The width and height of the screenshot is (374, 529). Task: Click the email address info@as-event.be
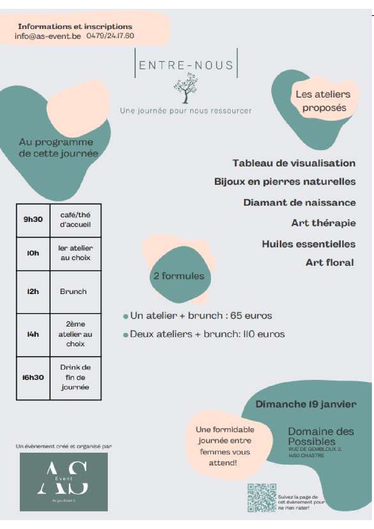[x=48, y=36]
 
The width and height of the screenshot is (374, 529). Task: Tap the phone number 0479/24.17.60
[x=110, y=36]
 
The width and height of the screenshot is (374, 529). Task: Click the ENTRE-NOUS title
[x=186, y=65]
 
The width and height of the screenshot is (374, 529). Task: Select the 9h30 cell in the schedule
[x=33, y=219]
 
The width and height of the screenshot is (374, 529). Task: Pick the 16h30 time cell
[x=33, y=377]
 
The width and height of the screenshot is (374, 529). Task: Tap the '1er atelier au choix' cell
[x=75, y=253]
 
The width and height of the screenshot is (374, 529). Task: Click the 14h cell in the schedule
[x=33, y=334]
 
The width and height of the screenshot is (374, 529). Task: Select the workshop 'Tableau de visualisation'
[x=294, y=163]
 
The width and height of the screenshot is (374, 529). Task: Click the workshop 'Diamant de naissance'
[x=299, y=202]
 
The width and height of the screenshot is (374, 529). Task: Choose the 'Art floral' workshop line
[x=329, y=263]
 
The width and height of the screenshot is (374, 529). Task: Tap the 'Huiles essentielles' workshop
[x=309, y=244]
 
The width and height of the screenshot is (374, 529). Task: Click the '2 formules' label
[x=179, y=276]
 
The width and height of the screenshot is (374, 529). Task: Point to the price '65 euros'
[x=251, y=316]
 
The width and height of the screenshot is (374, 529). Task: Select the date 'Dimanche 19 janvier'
[x=306, y=404]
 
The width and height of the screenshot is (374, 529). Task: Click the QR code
[x=262, y=498]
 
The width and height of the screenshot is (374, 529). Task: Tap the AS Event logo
[x=64, y=482]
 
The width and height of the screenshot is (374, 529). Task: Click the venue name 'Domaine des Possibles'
[x=321, y=436]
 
